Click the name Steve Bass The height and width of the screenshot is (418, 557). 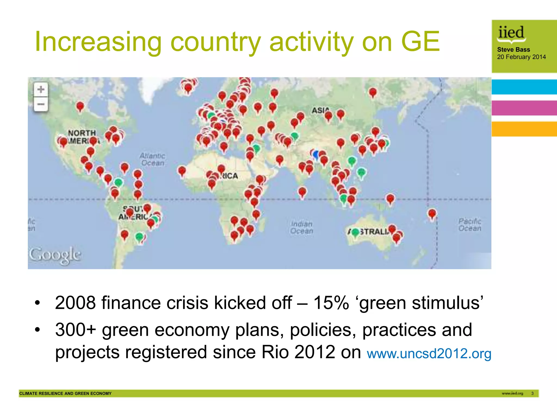pyautogui.click(x=513, y=50)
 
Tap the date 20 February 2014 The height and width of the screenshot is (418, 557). pyautogui.click(x=521, y=57)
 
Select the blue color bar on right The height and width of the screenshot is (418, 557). pyautogui.click(x=524, y=87)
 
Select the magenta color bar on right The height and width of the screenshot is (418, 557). pyautogui.click(x=524, y=108)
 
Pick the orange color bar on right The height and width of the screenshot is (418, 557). pyautogui.click(x=524, y=129)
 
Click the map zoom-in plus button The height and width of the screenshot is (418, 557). pyautogui.click(x=41, y=89)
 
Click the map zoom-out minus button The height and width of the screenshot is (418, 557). pyautogui.click(x=41, y=104)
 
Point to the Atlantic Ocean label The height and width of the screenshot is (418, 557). pyautogui.click(x=152, y=159)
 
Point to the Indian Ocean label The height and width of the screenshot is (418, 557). pyautogui.click(x=302, y=228)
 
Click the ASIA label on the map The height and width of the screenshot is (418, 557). pyautogui.click(x=320, y=110)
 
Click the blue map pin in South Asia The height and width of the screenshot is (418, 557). pyautogui.click(x=316, y=154)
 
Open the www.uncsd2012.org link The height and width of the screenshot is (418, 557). pyautogui.click(x=429, y=354)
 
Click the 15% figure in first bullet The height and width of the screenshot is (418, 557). pyautogui.click(x=331, y=303)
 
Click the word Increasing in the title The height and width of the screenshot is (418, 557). pyautogui.click(x=98, y=42)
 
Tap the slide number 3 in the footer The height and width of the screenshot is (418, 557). pyautogui.click(x=532, y=393)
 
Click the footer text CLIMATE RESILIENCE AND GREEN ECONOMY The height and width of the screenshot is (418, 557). pyautogui.click(x=65, y=393)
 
